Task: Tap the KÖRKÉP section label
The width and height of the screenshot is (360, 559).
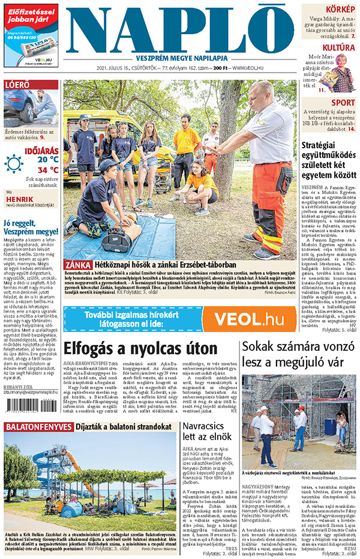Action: click(340, 9)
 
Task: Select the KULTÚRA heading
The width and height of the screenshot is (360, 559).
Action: click(338, 47)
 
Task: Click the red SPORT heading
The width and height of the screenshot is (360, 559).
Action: click(343, 103)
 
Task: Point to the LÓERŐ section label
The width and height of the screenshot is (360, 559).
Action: click(17, 85)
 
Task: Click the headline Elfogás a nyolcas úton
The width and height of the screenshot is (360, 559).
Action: click(140, 349)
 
